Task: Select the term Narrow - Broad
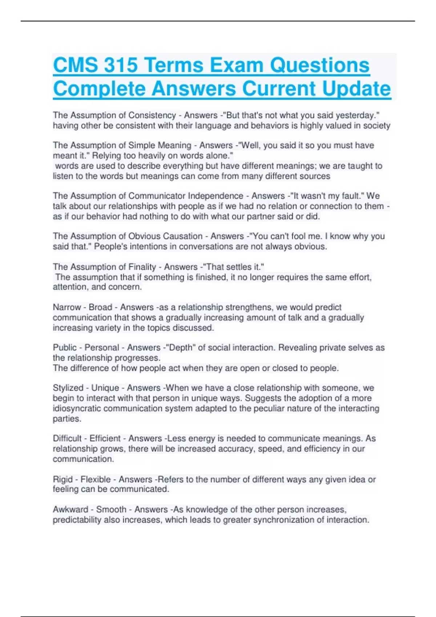click(x=82, y=307)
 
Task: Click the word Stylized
click(x=68, y=388)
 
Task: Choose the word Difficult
click(x=67, y=438)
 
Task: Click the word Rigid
click(x=63, y=479)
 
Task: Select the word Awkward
click(x=70, y=510)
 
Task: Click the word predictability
click(x=77, y=520)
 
